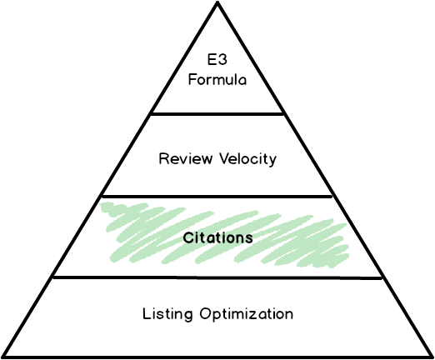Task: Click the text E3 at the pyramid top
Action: pyautogui.click(x=217, y=60)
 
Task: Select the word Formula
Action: pyautogui.click(x=217, y=80)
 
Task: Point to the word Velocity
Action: pyautogui.click(x=248, y=159)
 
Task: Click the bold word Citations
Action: pyautogui.click(x=218, y=237)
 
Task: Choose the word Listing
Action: pyautogui.click(x=167, y=314)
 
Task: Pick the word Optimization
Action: pyautogui.click(x=247, y=313)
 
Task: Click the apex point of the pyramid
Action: pyautogui.click(x=217, y=2)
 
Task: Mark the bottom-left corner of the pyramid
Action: pyautogui.click(x=5, y=357)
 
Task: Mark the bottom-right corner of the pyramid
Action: pyautogui.click(x=432, y=357)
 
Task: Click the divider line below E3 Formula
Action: pyautogui.click(x=217, y=114)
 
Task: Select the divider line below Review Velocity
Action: pyautogui.click(x=217, y=197)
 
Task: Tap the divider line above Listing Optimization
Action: pyautogui.click(x=217, y=277)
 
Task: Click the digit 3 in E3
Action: pyautogui.click(x=222, y=60)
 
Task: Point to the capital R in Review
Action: pyautogui.click(x=163, y=158)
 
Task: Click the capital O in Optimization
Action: pyautogui.click(x=206, y=313)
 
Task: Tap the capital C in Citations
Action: pyautogui.click(x=188, y=238)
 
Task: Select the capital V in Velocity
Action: pyautogui.click(x=225, y=158)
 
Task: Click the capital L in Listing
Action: pyautogui.click(x=147, y=313)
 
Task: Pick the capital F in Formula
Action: pyautogui.click(x=192, y=80)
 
